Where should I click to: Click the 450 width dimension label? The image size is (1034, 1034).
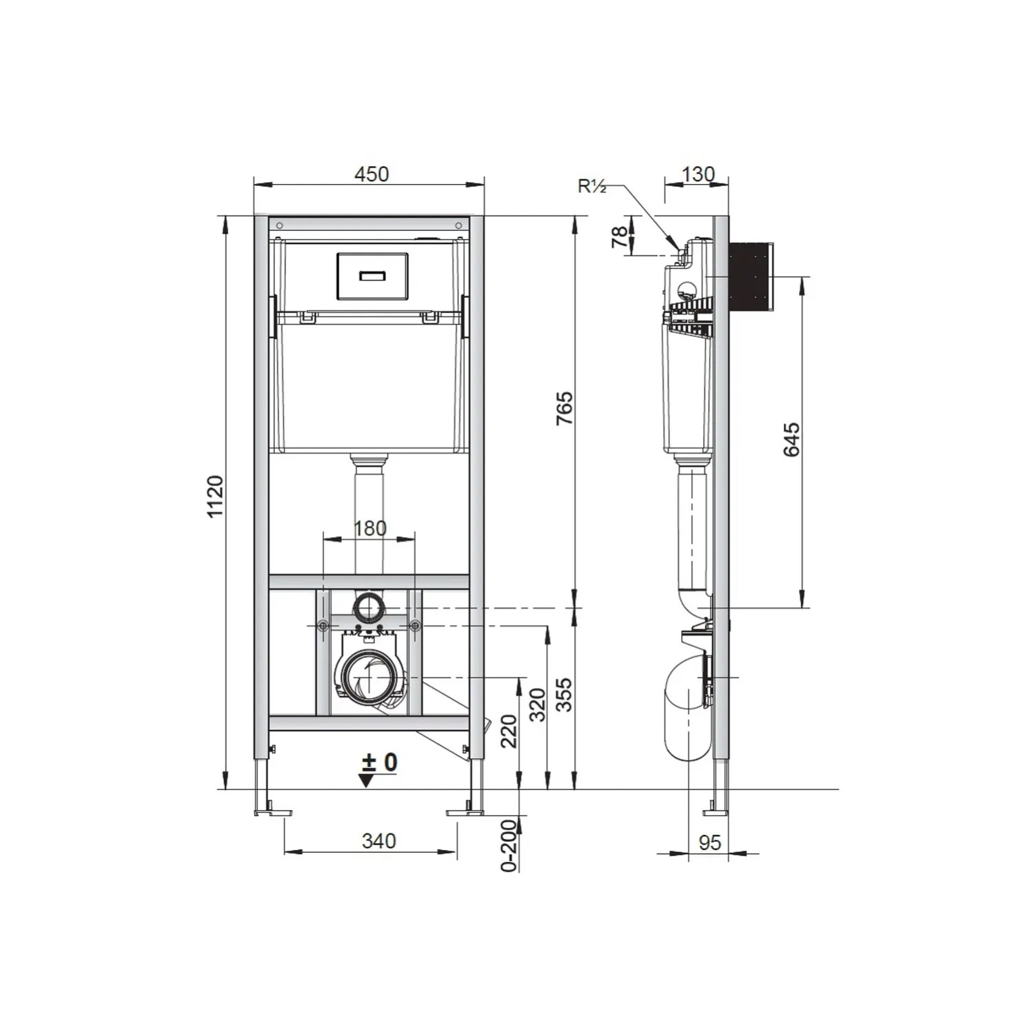click(x=372, y=174)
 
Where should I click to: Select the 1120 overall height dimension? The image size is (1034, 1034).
click(x=215, y=496)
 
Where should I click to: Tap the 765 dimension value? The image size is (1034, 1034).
click(x=565, y=408)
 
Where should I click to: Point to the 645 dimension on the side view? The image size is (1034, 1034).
click(x=791, y=440)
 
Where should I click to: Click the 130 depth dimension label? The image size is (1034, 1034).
click(x=698, y=174)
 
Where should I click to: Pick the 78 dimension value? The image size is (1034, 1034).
click(x=620, y=236)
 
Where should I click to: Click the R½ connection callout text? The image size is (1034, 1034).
click(x=592, y=185)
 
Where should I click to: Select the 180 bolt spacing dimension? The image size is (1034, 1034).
click(x=370, y=528)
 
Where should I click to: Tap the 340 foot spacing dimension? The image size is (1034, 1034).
click(x=379, y=840)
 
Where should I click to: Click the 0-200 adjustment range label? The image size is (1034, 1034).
click(x=509, y=846)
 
